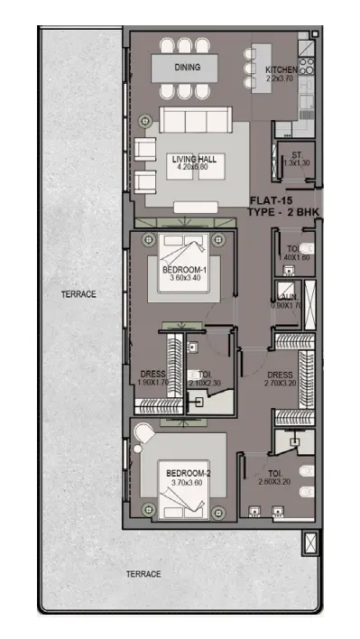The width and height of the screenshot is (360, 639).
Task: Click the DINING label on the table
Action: (189, 67)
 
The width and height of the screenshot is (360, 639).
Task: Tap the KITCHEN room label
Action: (281, 70)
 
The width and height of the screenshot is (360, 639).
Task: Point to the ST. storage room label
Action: (295, 154)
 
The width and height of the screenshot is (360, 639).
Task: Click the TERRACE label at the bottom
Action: (143, 574)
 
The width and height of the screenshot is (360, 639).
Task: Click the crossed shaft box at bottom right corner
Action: (311, 543)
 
